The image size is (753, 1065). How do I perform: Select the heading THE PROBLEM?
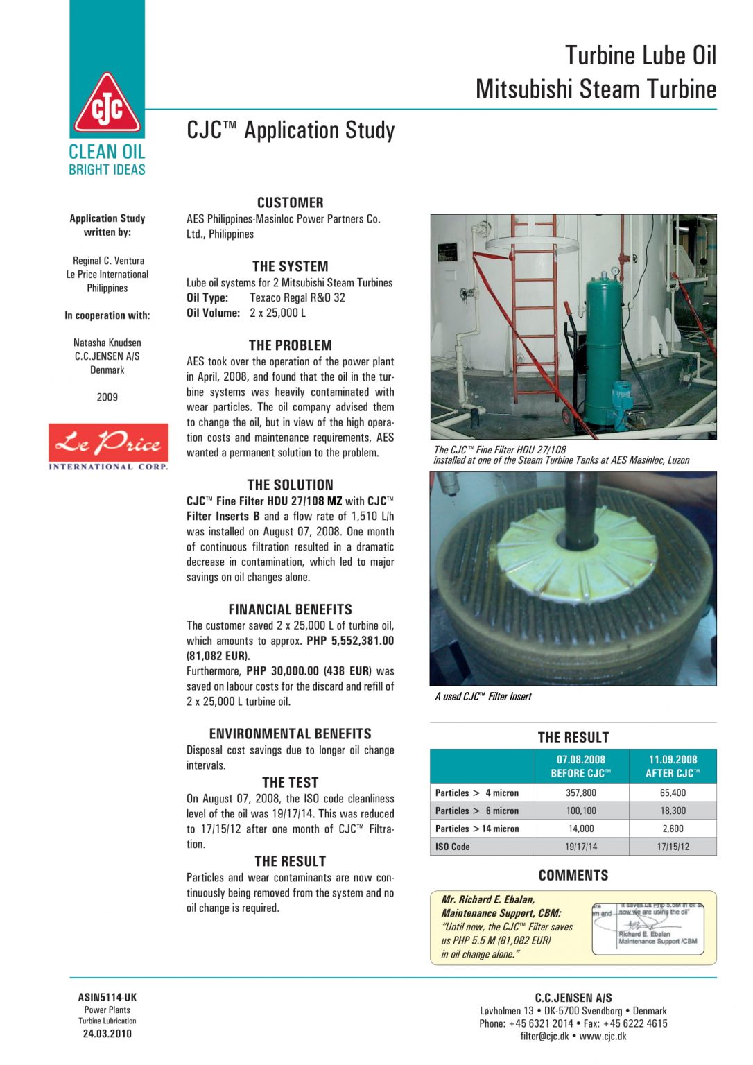click(290, 345)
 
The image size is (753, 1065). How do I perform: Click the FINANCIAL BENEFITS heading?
click(290, 609)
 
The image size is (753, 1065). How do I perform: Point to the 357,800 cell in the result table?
click(580, 793)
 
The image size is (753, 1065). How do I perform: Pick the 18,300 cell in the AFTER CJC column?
click(673, 811)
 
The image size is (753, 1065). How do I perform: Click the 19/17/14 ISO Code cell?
click(580, 847)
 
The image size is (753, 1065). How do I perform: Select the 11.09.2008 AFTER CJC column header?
click(673, 766)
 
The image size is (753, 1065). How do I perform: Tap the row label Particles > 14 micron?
click(477, 829)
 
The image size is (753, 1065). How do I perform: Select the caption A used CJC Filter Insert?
click(483, 697)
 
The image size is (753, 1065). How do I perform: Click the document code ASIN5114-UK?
click(107, 998)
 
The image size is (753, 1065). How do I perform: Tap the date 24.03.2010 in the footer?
click(107, 1034)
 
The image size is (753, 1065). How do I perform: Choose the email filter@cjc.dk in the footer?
click(544, 1037)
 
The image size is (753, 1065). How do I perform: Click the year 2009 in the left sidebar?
click(107, 397)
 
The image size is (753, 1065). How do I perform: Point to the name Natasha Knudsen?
click(107, 343)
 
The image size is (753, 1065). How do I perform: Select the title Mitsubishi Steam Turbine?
click(596, 89)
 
